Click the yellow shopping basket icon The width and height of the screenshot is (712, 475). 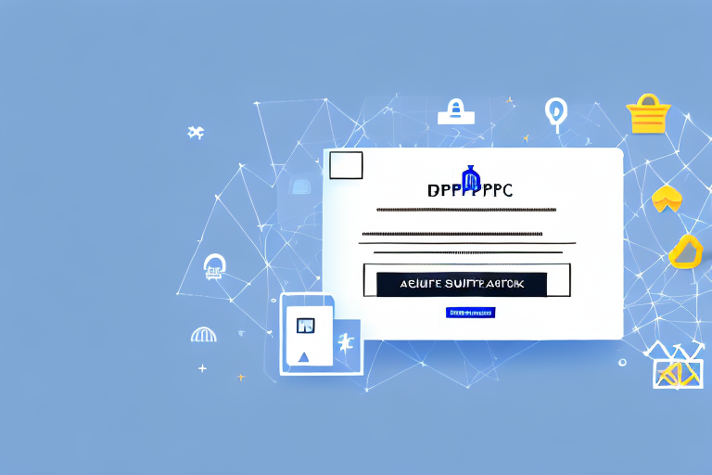click(x=648, y=114)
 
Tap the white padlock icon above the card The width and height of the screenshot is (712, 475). click(x=455, y=112)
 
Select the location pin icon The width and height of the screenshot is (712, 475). click(x=555, y=110)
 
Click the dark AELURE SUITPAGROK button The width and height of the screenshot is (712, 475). click(x=462, y=284)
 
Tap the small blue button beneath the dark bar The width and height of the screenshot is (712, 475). click(x=471, y=313)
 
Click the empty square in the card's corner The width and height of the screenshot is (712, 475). click(x=346, y=165)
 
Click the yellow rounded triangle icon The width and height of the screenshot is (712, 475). click(x=685, y=251)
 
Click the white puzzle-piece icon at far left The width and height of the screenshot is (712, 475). click(x=195, y=133)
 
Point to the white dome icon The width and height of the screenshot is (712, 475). click(x=203, y=333)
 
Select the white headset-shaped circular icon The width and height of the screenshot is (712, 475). click(x=215, y=266)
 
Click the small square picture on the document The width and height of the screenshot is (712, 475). click(x=306, y=325)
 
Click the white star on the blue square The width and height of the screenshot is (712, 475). click(x=346, y=343)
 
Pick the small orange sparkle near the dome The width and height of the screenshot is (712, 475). click(x=240, y=377)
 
